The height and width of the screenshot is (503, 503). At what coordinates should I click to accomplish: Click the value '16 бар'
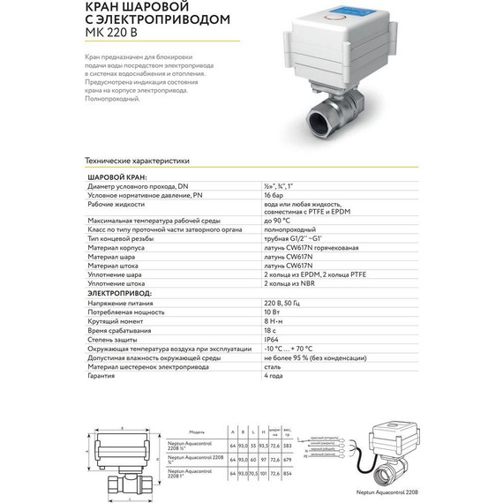coord(274,195)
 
